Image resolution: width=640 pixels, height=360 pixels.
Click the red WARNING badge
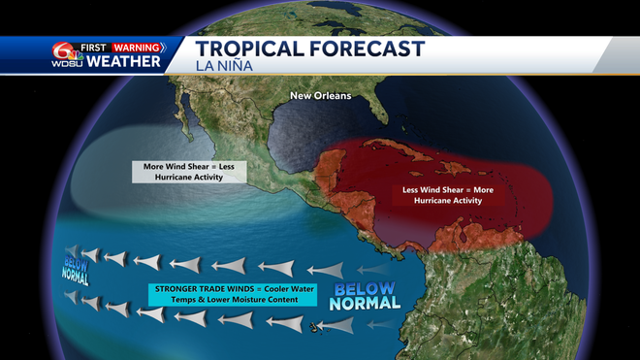tap(138, 46)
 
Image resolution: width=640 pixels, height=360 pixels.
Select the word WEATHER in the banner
tap(123, 62)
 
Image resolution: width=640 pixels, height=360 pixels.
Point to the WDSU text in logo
tap(67, 63)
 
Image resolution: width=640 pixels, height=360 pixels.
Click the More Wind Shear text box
tap(189, 172)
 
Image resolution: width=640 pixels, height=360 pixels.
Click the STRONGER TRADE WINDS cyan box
tap(233, 294)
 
